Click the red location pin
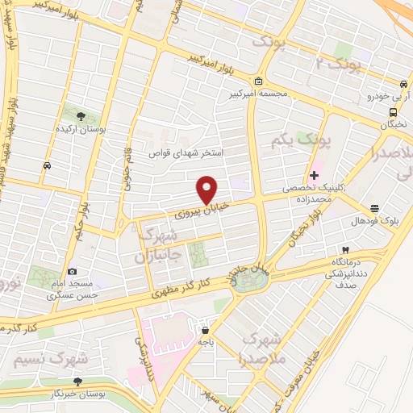coord(207,189)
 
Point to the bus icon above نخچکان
coord(392,113)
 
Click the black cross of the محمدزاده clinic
coord(314,175)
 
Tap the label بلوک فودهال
coord(369,220)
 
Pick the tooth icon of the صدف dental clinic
coord(345,249)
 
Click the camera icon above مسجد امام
coord(73,272)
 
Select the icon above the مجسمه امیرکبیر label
coord(257,81)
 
